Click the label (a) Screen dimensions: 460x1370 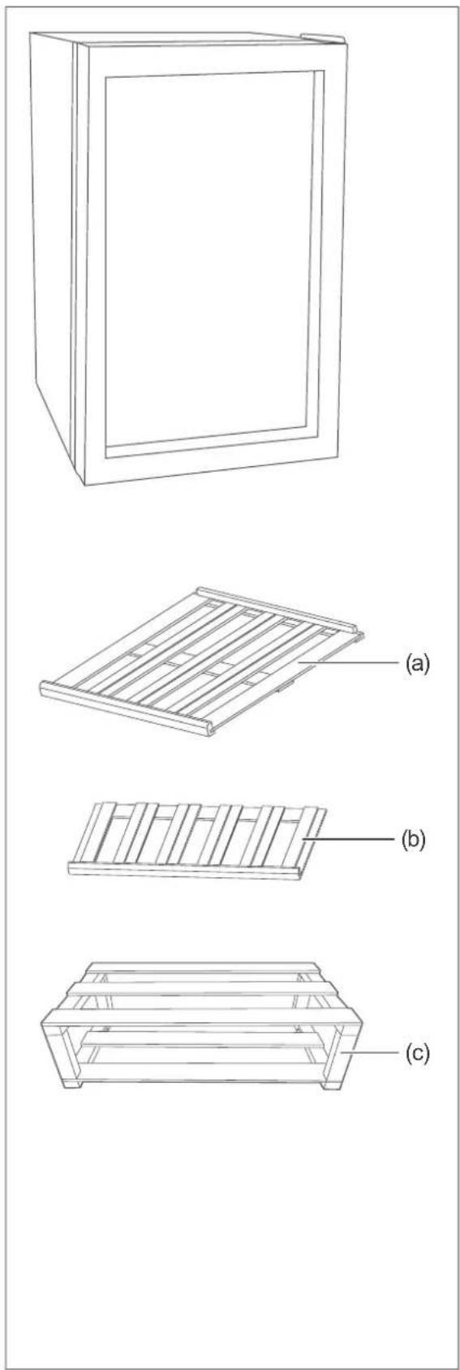point(416,662)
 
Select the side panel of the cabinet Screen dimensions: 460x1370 point(54,245)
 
